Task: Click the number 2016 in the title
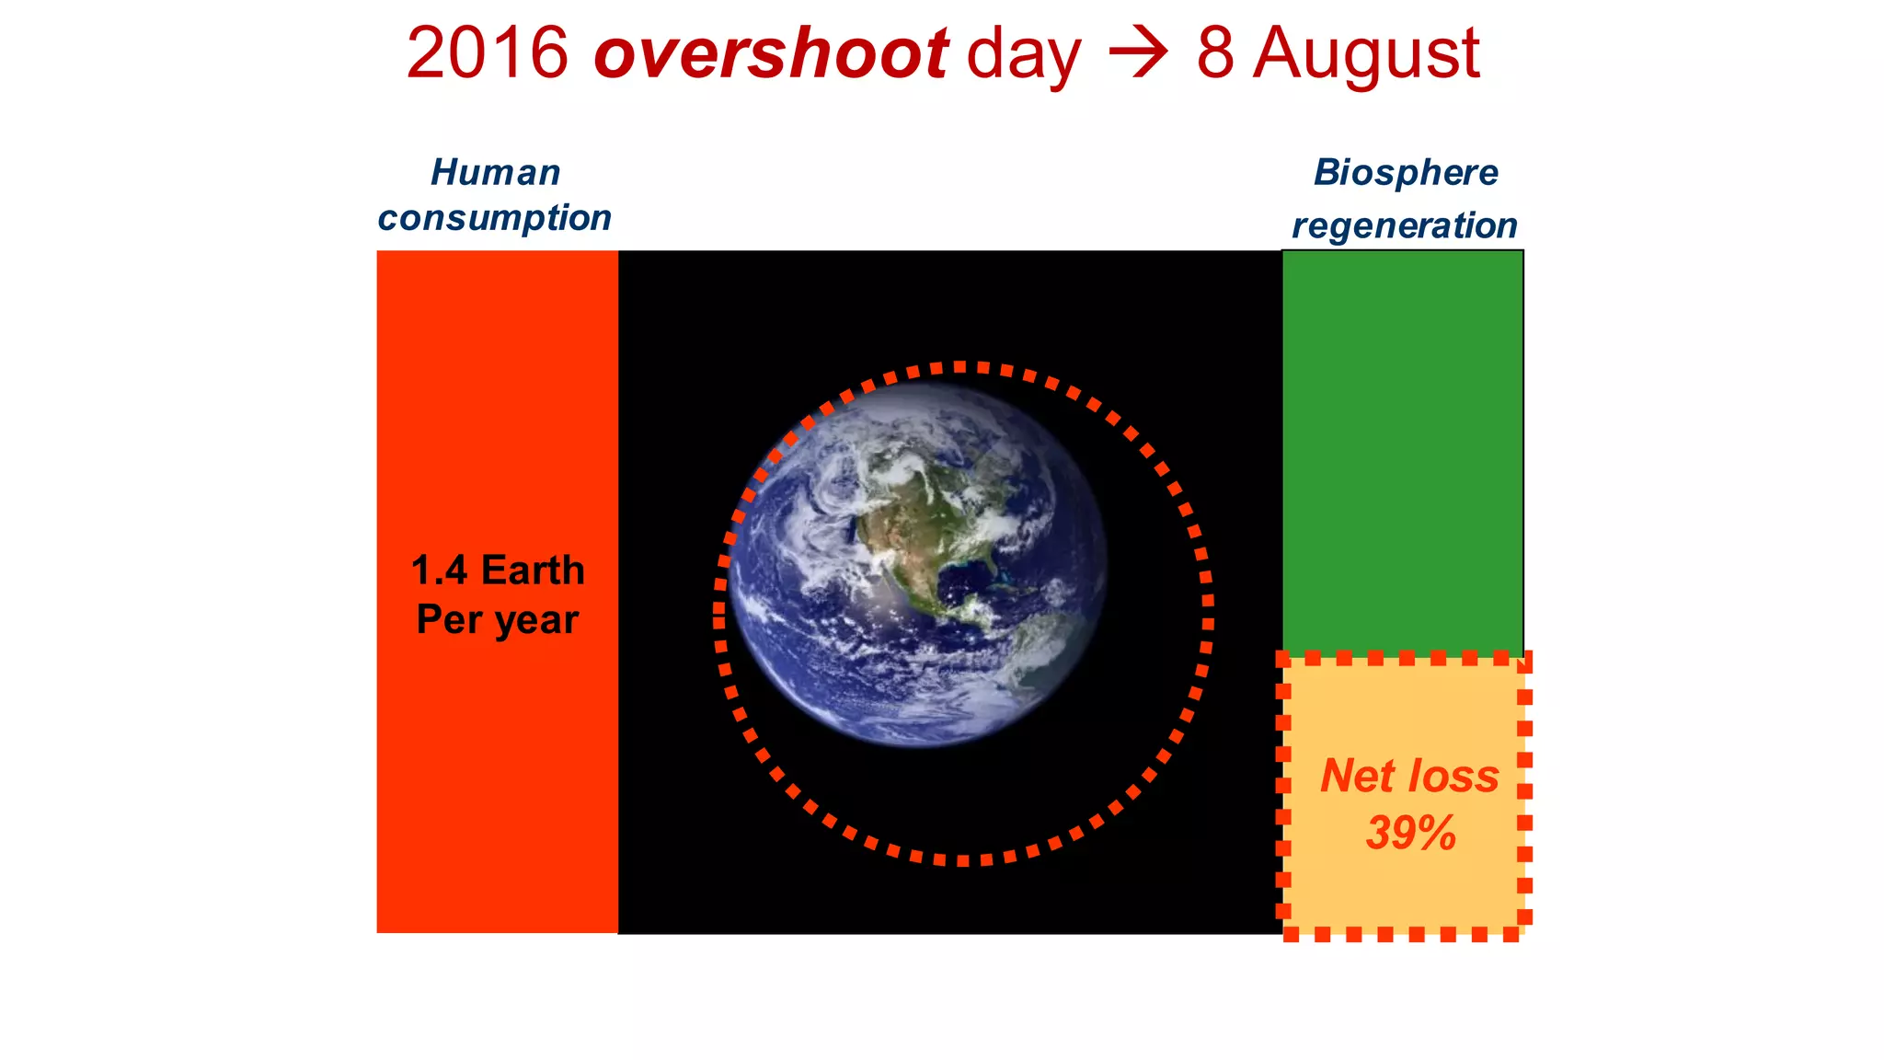[487, 53]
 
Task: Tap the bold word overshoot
[771, 53]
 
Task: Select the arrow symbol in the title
[1138, 53]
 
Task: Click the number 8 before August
[1214, 53]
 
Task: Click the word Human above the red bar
[495, 173]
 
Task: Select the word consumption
[495, 218]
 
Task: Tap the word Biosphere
[1405, 173]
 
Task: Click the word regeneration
[1404, 225]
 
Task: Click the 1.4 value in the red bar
[439, 570]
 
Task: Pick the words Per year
[497, 619]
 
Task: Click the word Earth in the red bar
[533, 570]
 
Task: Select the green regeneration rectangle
[1402, 451]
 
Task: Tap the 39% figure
[1410, 833]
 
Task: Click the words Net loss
[1409, 776]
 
